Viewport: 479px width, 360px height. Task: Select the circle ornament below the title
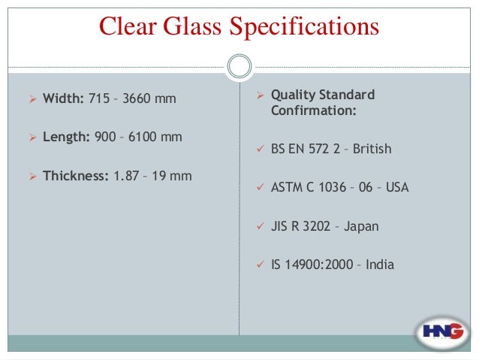click(x=239, y=67)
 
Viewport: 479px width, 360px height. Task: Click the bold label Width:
click(x=64, y=98)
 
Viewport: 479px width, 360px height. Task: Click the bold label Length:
click(x=67, y=137)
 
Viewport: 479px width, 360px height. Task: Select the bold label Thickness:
click(x=76, y=176)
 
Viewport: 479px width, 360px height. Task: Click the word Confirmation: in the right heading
click(x=314, y=111)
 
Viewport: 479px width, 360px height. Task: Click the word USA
click(x=397, y=187)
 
